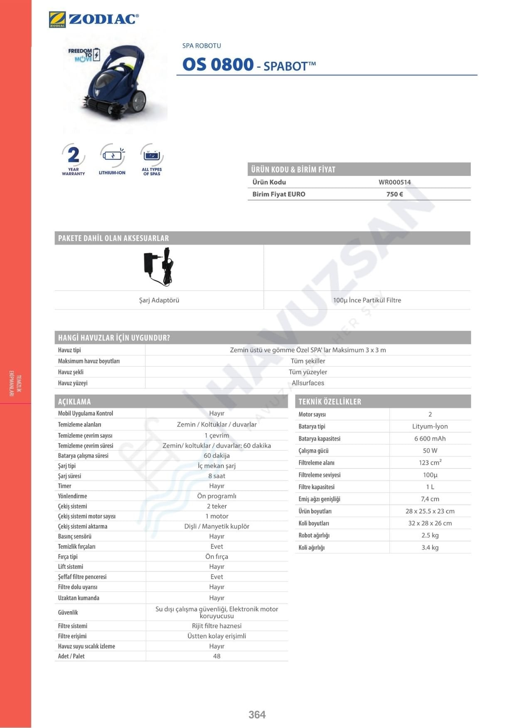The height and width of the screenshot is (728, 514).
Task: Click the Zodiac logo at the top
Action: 94,19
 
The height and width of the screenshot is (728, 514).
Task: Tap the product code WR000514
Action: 394,182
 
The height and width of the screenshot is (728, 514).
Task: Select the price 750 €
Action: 394,194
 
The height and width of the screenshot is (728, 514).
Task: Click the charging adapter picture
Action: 158,267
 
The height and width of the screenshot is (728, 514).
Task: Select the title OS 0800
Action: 218,64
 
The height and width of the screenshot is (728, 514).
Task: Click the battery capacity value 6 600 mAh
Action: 430,438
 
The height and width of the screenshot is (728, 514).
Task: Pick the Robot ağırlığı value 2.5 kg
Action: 430,535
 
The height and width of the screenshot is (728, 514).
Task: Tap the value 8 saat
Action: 216,476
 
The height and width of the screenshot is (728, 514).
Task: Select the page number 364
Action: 257,715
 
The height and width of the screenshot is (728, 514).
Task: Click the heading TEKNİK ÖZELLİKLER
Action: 330,401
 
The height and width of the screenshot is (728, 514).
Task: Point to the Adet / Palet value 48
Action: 216,656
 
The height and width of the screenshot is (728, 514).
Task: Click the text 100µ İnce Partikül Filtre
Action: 367,300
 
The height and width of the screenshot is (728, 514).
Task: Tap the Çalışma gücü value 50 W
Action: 430,451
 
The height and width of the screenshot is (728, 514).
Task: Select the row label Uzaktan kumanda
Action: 79,598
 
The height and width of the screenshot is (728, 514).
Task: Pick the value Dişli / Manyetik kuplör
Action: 216,526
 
